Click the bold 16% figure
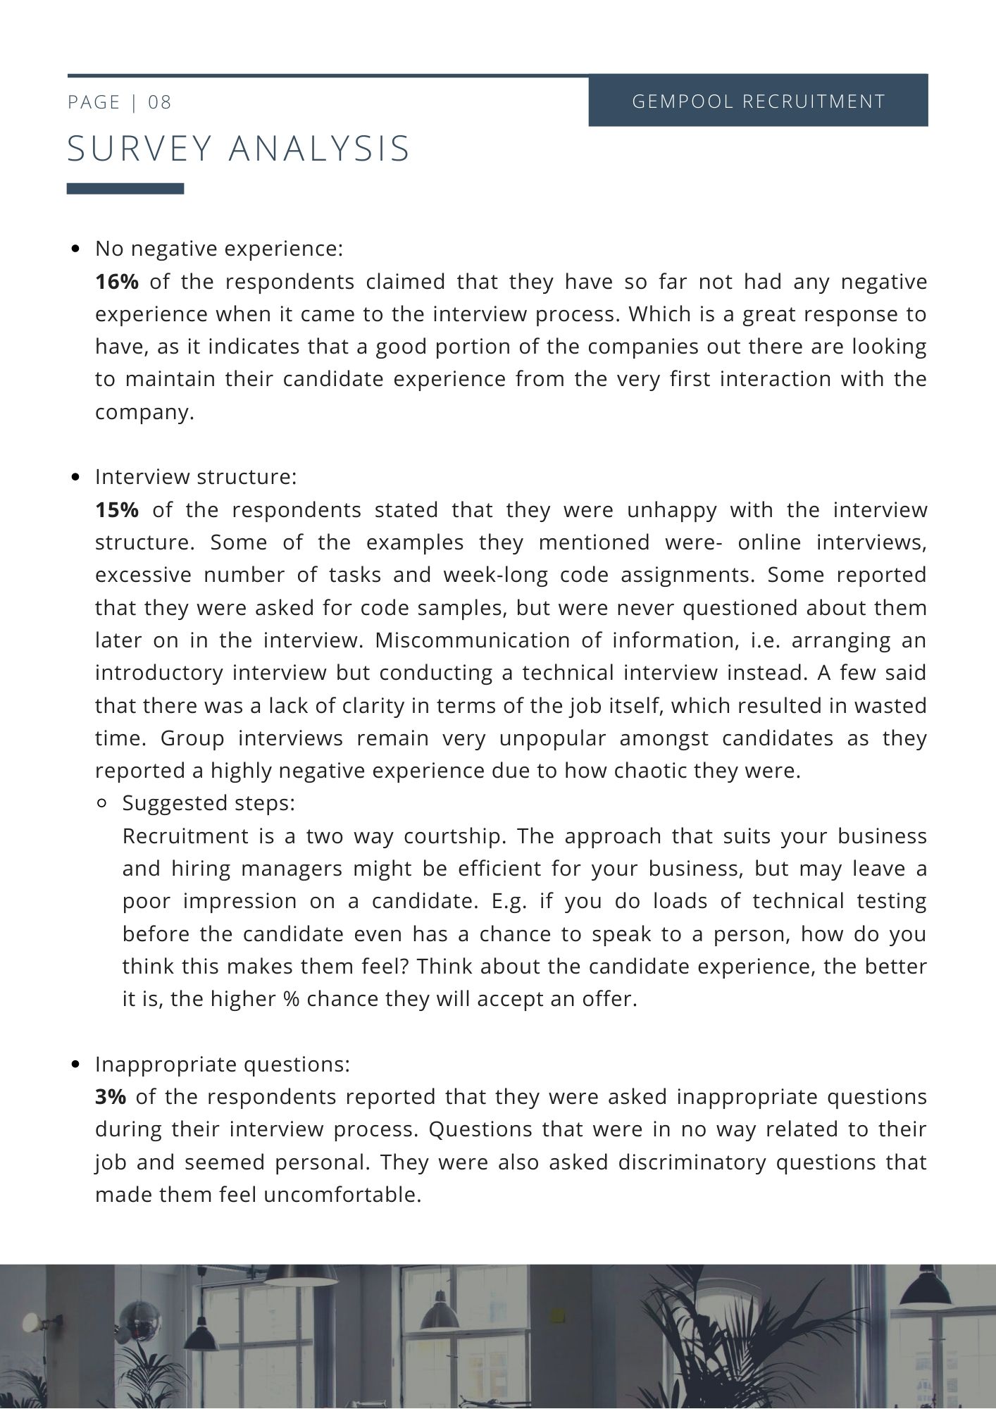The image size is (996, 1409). click(117, 283)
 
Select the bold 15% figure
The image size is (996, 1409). click(117, 510)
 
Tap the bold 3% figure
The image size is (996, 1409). click(111, 1097)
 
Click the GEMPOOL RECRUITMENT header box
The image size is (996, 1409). click(758, 101)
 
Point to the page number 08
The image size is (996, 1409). click(160, 103)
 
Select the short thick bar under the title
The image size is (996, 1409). click(125, 189)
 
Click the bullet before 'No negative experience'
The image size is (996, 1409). click(77, 249)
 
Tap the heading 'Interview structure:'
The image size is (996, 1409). click(196, 477)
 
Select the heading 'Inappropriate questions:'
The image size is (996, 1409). click(223, 1064)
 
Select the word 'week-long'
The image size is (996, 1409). click(497, 575)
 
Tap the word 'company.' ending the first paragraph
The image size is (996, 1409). click(144, 413)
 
